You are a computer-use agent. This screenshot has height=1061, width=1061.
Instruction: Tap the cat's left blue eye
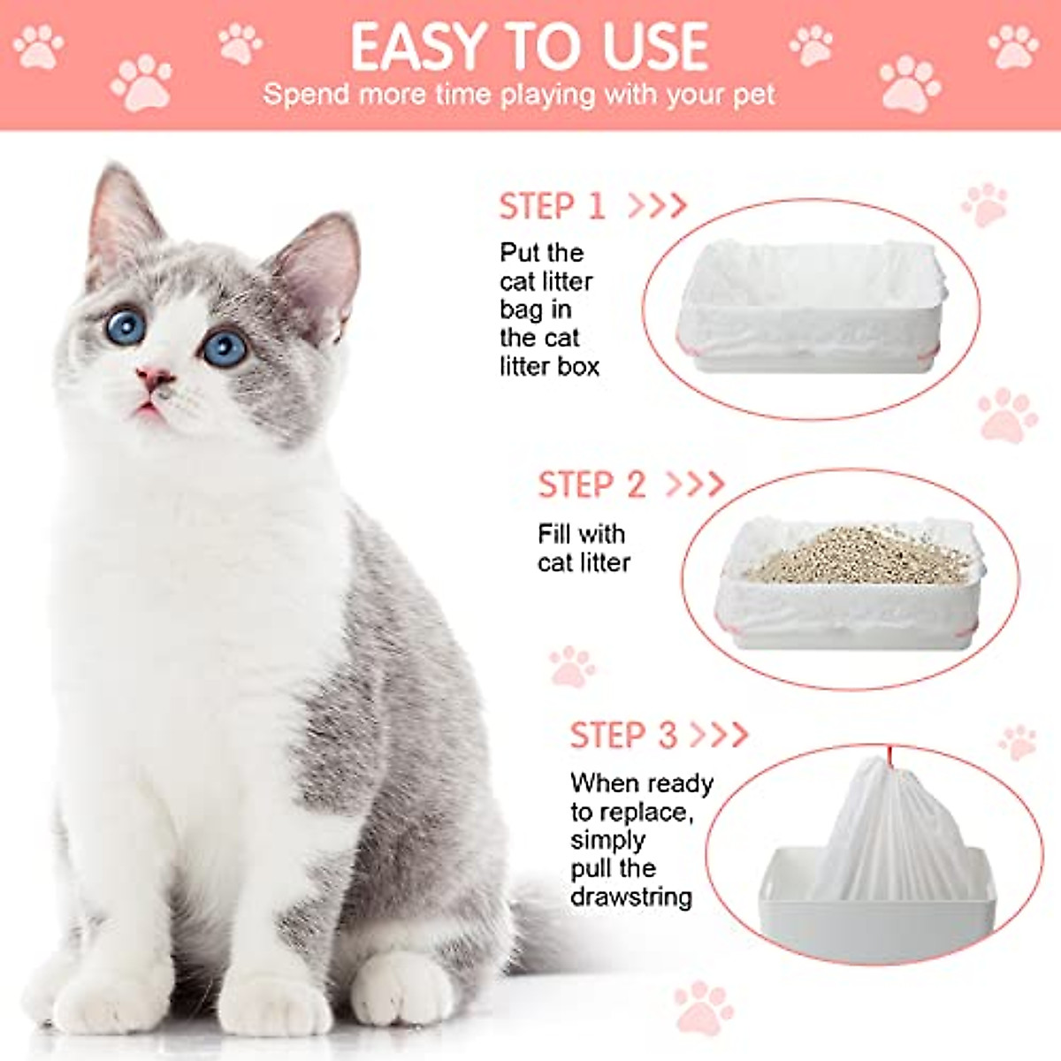tap(126, 326)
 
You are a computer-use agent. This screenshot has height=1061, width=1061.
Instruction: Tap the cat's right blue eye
tap(225, 347)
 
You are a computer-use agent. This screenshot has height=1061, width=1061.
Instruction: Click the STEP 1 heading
tap(552, 206)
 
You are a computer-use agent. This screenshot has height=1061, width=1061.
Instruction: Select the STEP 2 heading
tap(592, 485)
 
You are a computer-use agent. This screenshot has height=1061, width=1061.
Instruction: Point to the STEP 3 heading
tap(623, 735)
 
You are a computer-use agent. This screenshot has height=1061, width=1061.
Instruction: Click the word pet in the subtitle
tap(755, 95)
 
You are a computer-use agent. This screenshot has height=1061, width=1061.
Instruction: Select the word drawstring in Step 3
tap(630, 897)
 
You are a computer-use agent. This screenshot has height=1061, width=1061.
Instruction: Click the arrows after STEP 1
tap(657, 206)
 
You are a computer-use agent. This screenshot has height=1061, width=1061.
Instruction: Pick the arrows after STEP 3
tap(719, 735)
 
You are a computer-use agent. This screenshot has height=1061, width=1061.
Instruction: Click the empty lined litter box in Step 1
tap(809, 305)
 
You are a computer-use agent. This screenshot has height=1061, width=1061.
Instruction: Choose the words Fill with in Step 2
tap(581, 534)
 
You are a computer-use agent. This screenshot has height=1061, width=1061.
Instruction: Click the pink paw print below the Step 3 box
tap(703, 1005)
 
